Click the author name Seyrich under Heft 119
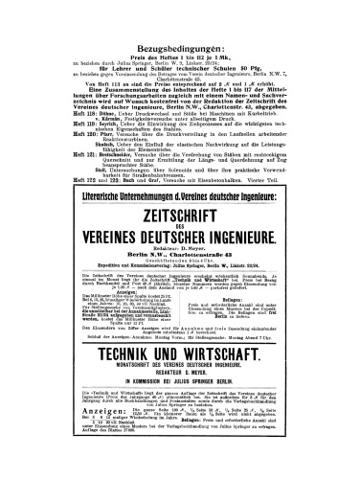tap(108, 125)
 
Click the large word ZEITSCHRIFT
tap(179, 218)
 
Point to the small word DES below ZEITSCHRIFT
tap(179, 232)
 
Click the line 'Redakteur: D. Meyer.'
tap(179, 255)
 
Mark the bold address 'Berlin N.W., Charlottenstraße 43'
tap(179, 262)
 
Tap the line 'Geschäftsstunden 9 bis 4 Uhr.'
tap(179, 269)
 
